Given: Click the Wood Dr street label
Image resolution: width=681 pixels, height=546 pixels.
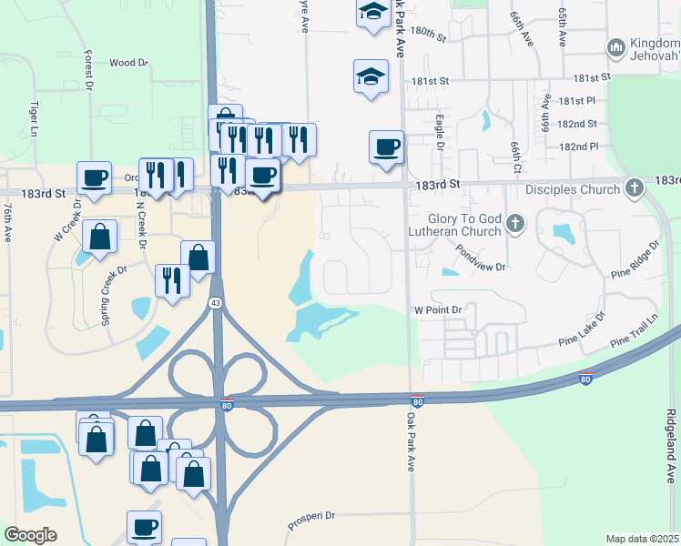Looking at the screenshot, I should pyautogui.click(x=128, y=63).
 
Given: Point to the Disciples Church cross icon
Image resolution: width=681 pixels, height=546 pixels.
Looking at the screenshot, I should pyautogui.click(x=635, y=189).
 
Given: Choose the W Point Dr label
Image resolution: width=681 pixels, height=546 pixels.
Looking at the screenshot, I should pyautogui.click(x=440, y=309).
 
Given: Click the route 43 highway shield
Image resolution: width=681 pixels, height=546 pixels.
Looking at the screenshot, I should pyautogui.click(x=216, y=303).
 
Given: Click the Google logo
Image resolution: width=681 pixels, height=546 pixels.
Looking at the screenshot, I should pyautogui.click(x=30, y=535).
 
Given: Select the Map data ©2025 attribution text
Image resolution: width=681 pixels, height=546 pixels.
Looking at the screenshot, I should pyautogui.click(x=643, y=539).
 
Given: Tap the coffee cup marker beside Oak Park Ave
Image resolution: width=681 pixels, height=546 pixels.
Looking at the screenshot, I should pyautogui.click(x=386, y=147).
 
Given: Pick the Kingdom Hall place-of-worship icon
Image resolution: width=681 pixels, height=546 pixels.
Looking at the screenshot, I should pyautogui.click(x=615, y=45).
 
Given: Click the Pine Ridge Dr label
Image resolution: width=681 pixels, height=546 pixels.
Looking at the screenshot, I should pyautogui.click(x=635, y=259).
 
